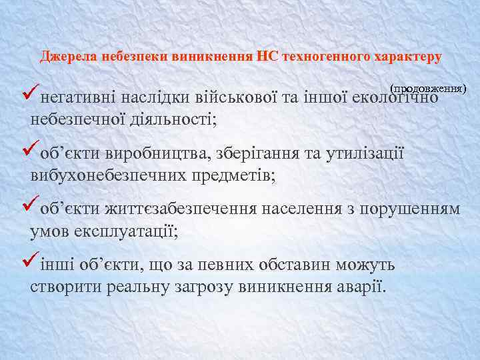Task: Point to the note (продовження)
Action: point(429,88)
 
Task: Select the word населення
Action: point(301,210)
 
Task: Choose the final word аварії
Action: point(363,287)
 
